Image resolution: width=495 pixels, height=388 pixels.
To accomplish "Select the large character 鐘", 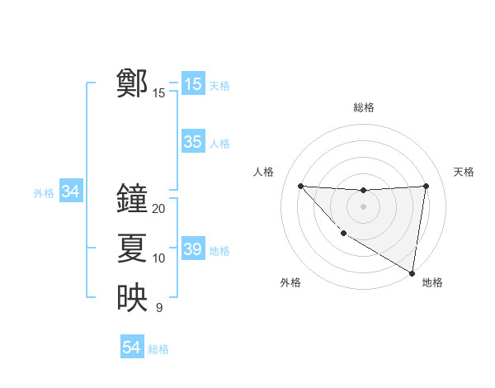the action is (132, 198).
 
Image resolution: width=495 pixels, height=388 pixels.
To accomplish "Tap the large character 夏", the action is (132, 248).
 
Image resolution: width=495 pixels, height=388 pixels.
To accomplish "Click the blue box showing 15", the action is (192, 83).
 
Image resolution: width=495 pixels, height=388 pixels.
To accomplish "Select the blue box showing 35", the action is (192, 142).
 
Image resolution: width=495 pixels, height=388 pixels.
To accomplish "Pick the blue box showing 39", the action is (192, 249).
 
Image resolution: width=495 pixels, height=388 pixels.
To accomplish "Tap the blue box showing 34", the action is (70, 192).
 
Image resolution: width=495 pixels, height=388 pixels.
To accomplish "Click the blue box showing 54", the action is (131, 348).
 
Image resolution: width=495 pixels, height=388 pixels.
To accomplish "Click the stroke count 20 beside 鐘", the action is (159, 209).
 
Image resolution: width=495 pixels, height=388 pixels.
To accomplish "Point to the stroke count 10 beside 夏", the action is (159, 258).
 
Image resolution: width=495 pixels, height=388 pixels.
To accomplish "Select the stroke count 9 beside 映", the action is (159, 308).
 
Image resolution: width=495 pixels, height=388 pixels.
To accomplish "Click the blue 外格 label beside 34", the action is (44, 193).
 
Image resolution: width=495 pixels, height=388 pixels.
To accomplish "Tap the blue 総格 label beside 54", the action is (158, 349).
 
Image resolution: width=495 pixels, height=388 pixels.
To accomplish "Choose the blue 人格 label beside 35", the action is (219, 144).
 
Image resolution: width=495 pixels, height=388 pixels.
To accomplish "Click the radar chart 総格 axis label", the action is (363, 107).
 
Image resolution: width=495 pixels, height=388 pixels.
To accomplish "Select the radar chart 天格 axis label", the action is (464, 172).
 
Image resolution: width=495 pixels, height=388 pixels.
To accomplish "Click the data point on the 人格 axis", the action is (300, 186).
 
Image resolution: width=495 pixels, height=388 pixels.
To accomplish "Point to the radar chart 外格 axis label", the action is (290, 282).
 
